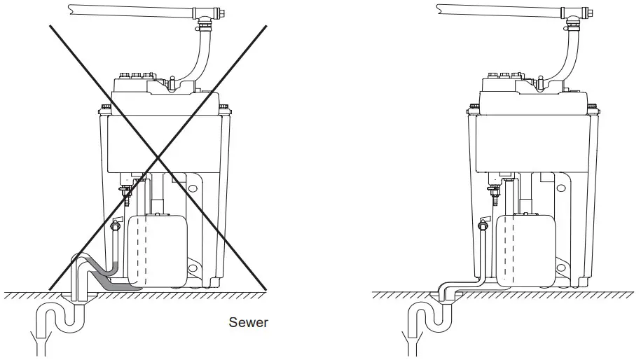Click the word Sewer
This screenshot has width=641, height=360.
[248, 323]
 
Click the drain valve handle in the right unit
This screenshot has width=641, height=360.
[481, 226]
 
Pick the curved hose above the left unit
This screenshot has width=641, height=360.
[196, 56]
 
